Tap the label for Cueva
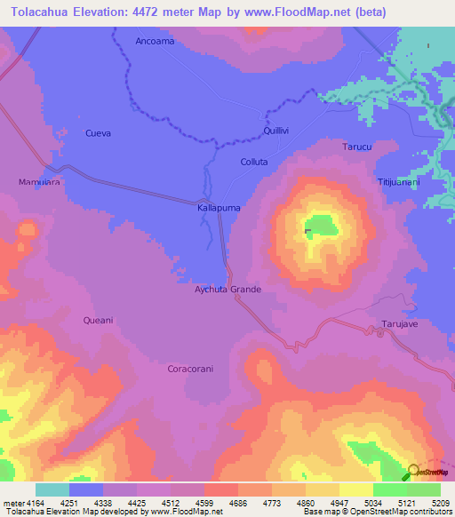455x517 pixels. click(98, 133)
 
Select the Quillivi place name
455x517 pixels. click(276, 131)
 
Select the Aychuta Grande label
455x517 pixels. click(227, 290)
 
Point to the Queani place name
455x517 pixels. click(98, 319)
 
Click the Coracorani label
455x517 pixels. click(193, 367)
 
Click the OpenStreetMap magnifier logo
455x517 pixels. click(413, 472)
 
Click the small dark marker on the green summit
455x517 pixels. click(307, 232)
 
